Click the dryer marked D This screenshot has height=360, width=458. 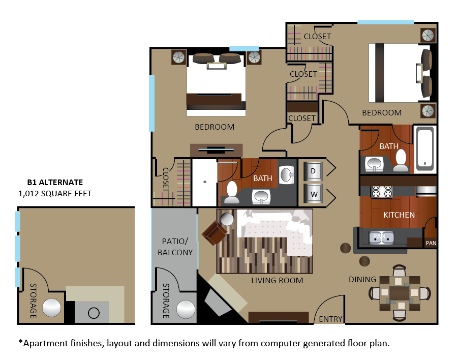313,171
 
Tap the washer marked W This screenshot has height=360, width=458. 313,194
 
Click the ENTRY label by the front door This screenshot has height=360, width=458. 330,319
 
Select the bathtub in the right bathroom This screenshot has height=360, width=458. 425,148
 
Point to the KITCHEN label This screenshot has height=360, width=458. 399,215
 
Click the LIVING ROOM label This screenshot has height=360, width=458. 277,280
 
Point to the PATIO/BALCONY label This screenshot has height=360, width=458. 175,246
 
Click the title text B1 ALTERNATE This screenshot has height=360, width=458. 55,182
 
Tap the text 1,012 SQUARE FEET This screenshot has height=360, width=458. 55,193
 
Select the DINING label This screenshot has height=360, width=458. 362,279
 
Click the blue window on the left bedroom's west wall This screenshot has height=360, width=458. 151,103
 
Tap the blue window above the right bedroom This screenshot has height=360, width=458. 385,22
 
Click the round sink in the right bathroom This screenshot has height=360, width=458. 375,163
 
